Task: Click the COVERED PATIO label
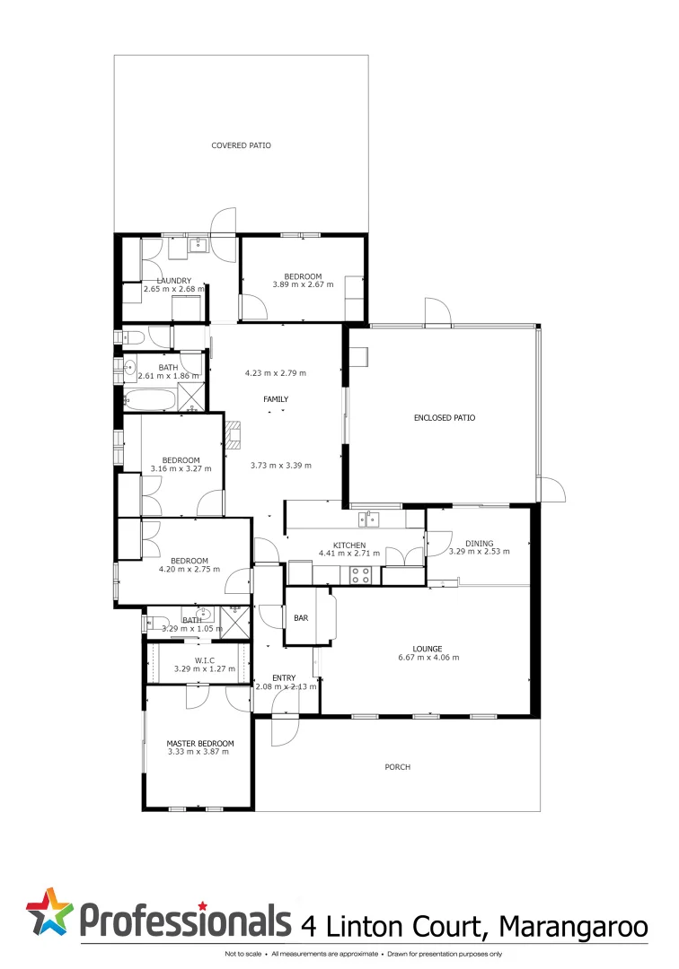pyautogui.click(x=241, y=145)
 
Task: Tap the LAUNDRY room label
pyautogui.click(x=174, y=280)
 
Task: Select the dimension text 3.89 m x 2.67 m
pyautogui.click(x=303, y=284)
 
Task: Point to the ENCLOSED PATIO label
pyautogui.click(x=444, y=417)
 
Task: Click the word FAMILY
pyautogui.click(x=276, y=398)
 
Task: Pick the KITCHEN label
pyautogui.click(x=349, y=545)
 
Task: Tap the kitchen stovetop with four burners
pyautogui.click(x=360, y=575)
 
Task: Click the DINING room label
pyautogui.click(x=479, y=542)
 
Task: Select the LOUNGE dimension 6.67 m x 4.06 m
pyautogui.click(x=428, y=657)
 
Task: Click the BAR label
pyautogui.click(x=302, y=618)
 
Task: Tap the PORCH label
pyautogui.click(x=397, y=767)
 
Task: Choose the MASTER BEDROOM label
pyautogui.click(x=199, y=743)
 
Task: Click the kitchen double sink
pyautogui.click(x=369, y=518)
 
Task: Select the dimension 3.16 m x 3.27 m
pyautogui.click(x=181, y=468)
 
